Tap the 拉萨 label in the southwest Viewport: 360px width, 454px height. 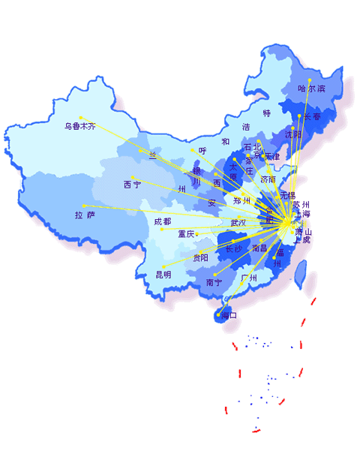point(85,215)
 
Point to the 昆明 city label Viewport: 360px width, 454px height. point(163,275)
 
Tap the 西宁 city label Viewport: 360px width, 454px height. point(132,185)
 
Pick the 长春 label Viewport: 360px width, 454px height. point(311,117)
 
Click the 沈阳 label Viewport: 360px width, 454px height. point(293,135)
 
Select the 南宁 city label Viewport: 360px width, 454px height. point(214,283)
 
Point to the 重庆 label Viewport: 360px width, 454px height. point(186,234)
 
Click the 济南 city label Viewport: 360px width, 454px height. point(268,180)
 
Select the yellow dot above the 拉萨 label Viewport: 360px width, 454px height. point(84,205)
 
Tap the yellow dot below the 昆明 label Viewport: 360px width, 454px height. point(163,266)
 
